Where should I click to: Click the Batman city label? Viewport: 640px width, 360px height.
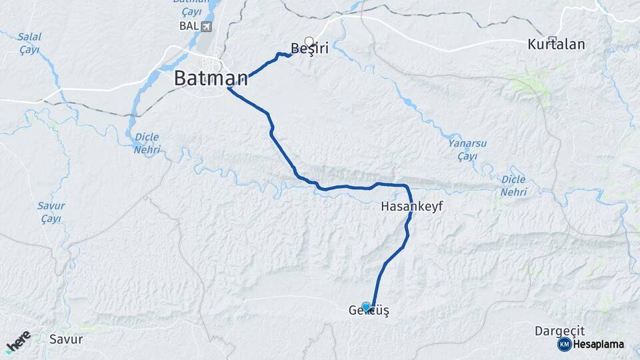[x=211, y=78]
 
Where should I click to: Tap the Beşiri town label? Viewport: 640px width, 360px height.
[x=311, y=48]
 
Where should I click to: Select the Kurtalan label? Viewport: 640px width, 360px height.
[x=556, y=45]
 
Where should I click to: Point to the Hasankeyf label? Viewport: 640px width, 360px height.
[x=411, y=207]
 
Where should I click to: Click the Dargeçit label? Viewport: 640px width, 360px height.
[x=559, y=331]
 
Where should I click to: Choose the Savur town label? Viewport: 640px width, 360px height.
[x=66, y=339]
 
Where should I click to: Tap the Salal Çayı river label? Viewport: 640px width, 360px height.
[x=29, y=43]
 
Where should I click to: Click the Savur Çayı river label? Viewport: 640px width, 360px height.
[x=51, y=212]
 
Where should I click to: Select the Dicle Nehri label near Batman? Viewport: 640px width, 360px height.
[x=147, y=143]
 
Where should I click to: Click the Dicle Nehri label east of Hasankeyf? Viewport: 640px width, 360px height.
[x=513, y=185]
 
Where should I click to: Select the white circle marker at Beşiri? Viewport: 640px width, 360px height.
[x=309, y=41]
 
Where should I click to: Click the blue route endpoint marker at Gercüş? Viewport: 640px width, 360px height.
[x=366, y=307]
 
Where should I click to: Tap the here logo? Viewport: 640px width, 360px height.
[x=19, y=341]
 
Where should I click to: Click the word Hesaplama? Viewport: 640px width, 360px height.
[x=599, y=345]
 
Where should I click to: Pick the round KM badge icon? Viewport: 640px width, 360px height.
[x=564, y=344]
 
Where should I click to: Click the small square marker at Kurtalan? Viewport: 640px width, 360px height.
[x=552, y=39]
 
